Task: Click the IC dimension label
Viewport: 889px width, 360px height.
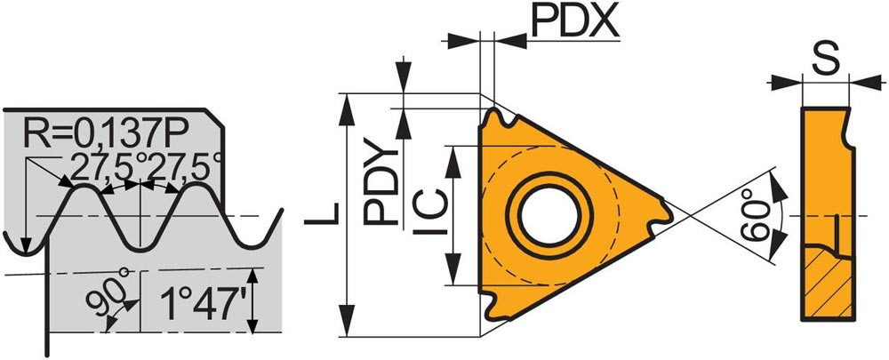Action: coord(430,213)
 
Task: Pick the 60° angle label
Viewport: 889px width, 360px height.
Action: coord(757,216)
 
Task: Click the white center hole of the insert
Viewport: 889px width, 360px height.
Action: coord(549,216)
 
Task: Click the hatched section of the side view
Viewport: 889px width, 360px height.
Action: coord(829,284)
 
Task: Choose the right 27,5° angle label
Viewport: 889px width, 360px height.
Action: coord(180,168)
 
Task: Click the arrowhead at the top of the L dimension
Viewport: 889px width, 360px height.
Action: coord(347,108)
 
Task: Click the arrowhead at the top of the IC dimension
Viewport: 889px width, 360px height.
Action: coord(453,161)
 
